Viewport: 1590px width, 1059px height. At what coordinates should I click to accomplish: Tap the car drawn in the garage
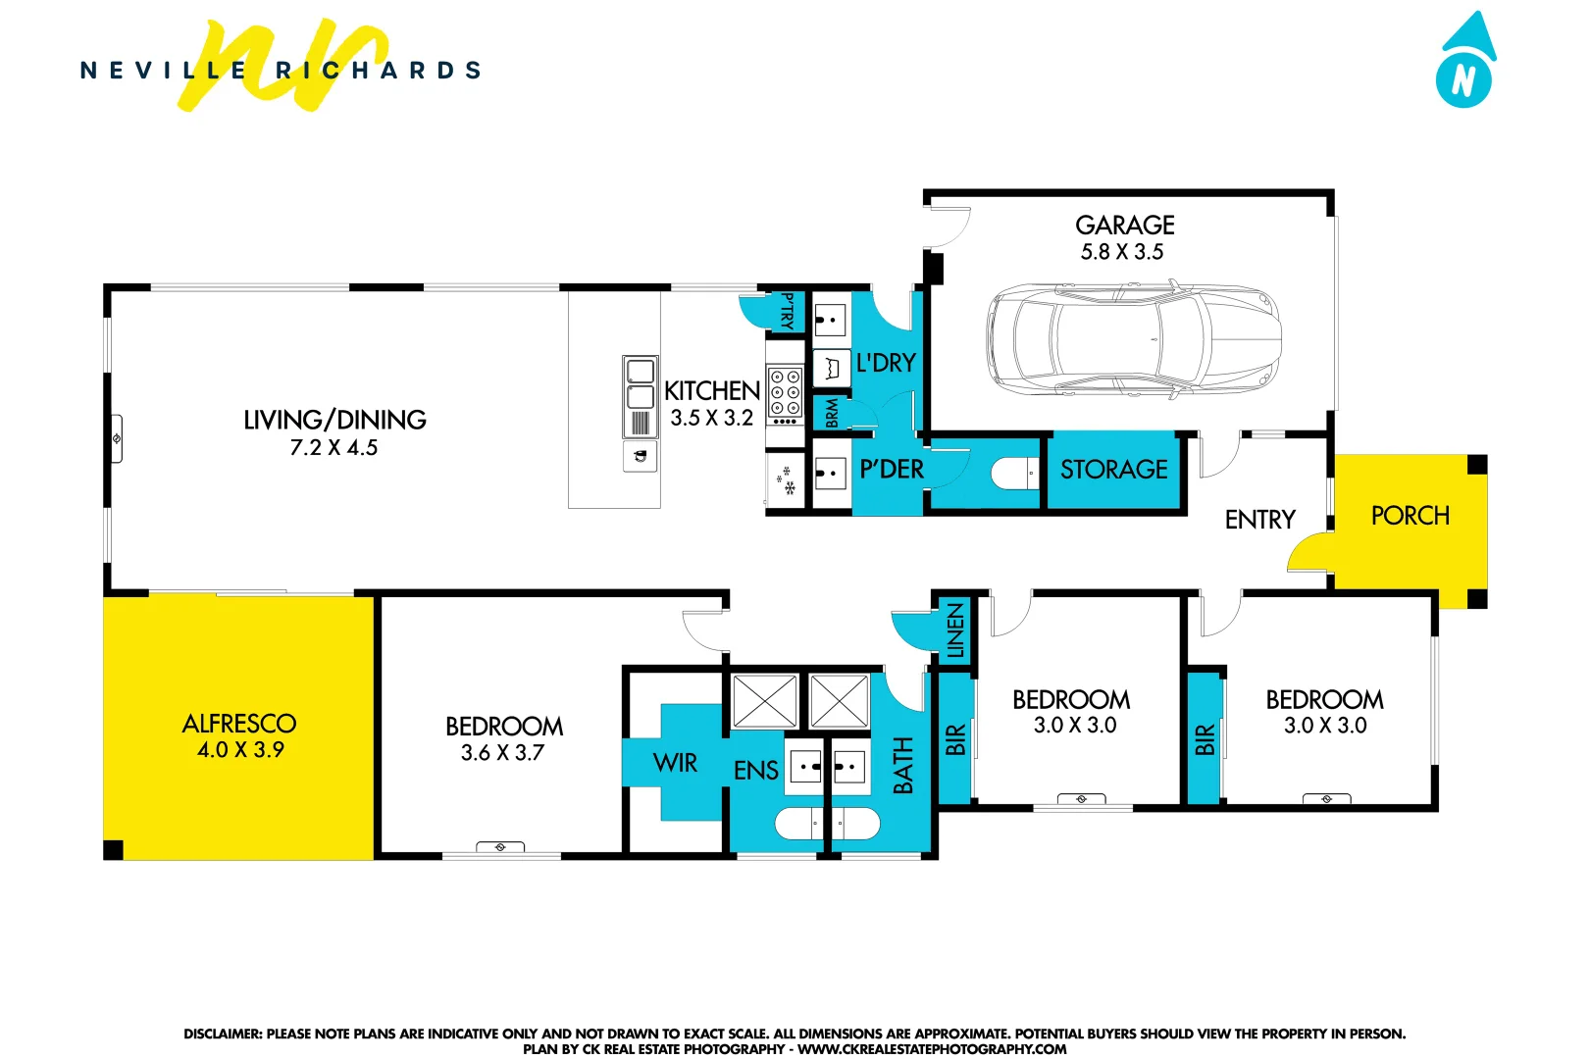point(1134,339)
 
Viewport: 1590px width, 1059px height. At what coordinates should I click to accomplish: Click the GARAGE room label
point(1124,226)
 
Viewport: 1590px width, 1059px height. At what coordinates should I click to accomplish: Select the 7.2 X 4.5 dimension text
point(333,448)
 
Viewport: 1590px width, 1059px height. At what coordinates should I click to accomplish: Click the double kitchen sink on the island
point(640,384)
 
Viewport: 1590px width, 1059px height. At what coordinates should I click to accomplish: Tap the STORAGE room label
point(1113,470)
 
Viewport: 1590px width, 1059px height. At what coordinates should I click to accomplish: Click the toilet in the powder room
point(1013,475)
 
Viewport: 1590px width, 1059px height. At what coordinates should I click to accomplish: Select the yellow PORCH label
point(1410,516)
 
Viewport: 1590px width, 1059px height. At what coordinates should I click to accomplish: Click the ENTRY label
point(1259,520)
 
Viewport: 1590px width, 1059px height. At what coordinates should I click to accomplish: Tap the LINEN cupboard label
point(955,630)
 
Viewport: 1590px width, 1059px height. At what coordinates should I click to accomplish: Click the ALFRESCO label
point(238,724)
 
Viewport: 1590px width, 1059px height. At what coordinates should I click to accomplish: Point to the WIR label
point(675,763)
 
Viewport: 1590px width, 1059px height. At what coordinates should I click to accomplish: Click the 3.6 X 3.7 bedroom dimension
point(502,753)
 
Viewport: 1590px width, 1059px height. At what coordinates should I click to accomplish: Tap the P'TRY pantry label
point(787,311)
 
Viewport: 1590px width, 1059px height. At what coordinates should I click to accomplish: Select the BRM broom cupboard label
point(832,413)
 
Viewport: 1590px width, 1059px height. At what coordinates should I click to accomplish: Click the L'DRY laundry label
point(886,363)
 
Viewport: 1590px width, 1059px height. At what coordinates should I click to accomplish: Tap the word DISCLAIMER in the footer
point(223,1034)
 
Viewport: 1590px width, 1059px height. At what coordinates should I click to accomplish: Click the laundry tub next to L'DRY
point(832,369)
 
